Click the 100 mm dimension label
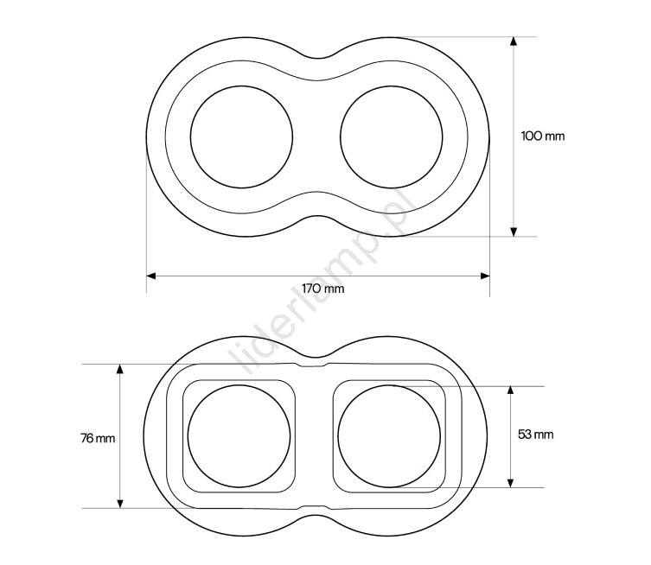[x=543, y=136]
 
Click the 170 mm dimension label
[x=323, y=289]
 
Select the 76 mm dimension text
[x=98, y=438]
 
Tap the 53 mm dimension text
[x=535, y=435]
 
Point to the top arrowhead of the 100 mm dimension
[x=514, y=41]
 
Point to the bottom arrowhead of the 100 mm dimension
[x=514, y=232]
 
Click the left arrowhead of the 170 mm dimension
[x=151, y=276]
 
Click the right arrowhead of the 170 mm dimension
[x=485, y=276]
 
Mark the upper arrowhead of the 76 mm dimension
[x=120, y=369]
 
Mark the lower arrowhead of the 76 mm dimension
[x=120, y=504]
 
